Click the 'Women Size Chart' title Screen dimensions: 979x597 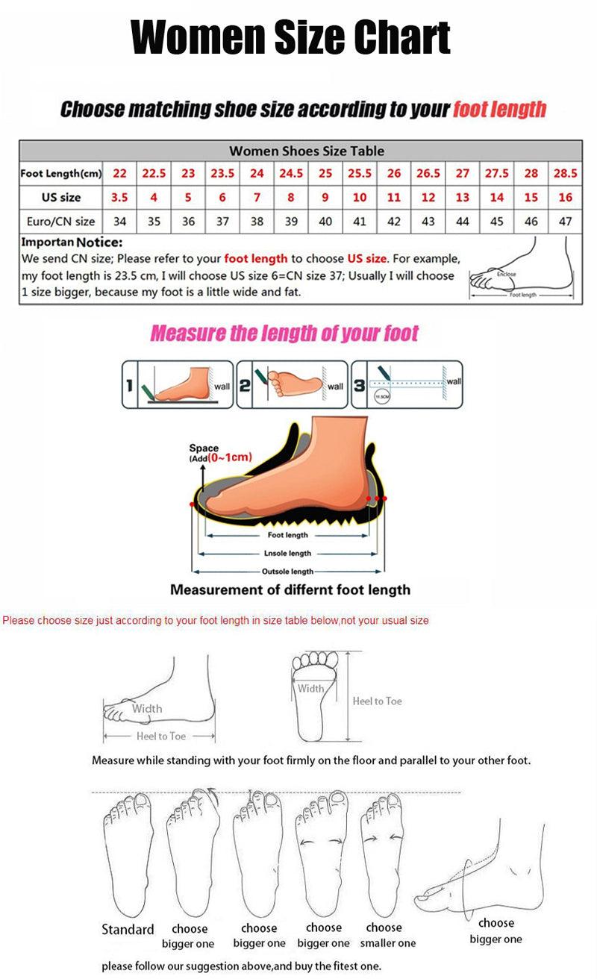point(291,38)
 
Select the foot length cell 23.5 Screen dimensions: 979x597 point(222,173)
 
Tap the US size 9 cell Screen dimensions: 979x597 point(325,198)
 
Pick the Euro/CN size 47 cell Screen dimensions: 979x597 point(565,222)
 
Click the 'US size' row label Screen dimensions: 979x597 point(61,198)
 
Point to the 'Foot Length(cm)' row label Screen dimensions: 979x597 point(61,173)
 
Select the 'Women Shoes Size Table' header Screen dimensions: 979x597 point(307,151)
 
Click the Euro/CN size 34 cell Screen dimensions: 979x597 point(119,222)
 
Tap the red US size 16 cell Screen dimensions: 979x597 point(565,198)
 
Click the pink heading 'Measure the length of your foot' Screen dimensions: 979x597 point(284,334)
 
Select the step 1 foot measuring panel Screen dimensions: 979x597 point(177,384)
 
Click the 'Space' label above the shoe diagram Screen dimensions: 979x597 point(204,448)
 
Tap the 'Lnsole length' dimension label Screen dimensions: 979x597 point(287,554)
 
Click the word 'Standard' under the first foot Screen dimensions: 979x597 point(128,930)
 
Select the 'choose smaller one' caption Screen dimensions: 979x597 point(384,936)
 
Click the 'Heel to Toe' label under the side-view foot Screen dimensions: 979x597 point(161,736)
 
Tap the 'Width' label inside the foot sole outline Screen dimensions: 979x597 point(311,689)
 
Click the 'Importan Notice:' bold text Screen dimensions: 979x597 point(72,243)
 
